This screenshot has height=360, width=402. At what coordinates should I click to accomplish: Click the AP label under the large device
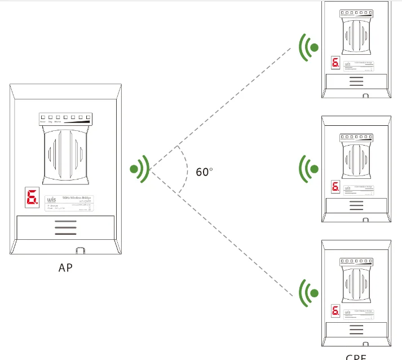[65, 267]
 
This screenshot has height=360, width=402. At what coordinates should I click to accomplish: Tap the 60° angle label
[204, 172]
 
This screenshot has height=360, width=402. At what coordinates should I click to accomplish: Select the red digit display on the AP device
[32, 197]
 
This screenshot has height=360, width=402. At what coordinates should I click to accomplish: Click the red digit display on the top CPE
[335, 63]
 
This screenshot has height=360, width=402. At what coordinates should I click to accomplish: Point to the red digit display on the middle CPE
[335, 186]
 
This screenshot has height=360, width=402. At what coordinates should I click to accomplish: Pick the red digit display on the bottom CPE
[335, 310]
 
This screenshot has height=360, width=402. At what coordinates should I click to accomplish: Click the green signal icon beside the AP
[139, 168]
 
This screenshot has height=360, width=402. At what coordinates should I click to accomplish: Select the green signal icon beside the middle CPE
[308, 168]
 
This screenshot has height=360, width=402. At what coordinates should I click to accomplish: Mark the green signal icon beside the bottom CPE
[308, 293]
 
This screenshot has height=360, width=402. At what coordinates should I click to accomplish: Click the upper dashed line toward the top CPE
[226, 106]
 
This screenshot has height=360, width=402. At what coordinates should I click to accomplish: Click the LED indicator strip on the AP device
[65, 118]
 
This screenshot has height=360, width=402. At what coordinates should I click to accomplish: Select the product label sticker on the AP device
[68, 203]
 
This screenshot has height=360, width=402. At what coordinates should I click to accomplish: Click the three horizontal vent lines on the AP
[65, 227]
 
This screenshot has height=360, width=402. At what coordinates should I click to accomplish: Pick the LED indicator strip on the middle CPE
[356, 137]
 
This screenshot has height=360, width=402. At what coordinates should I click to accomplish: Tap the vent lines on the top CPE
[356, 81]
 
